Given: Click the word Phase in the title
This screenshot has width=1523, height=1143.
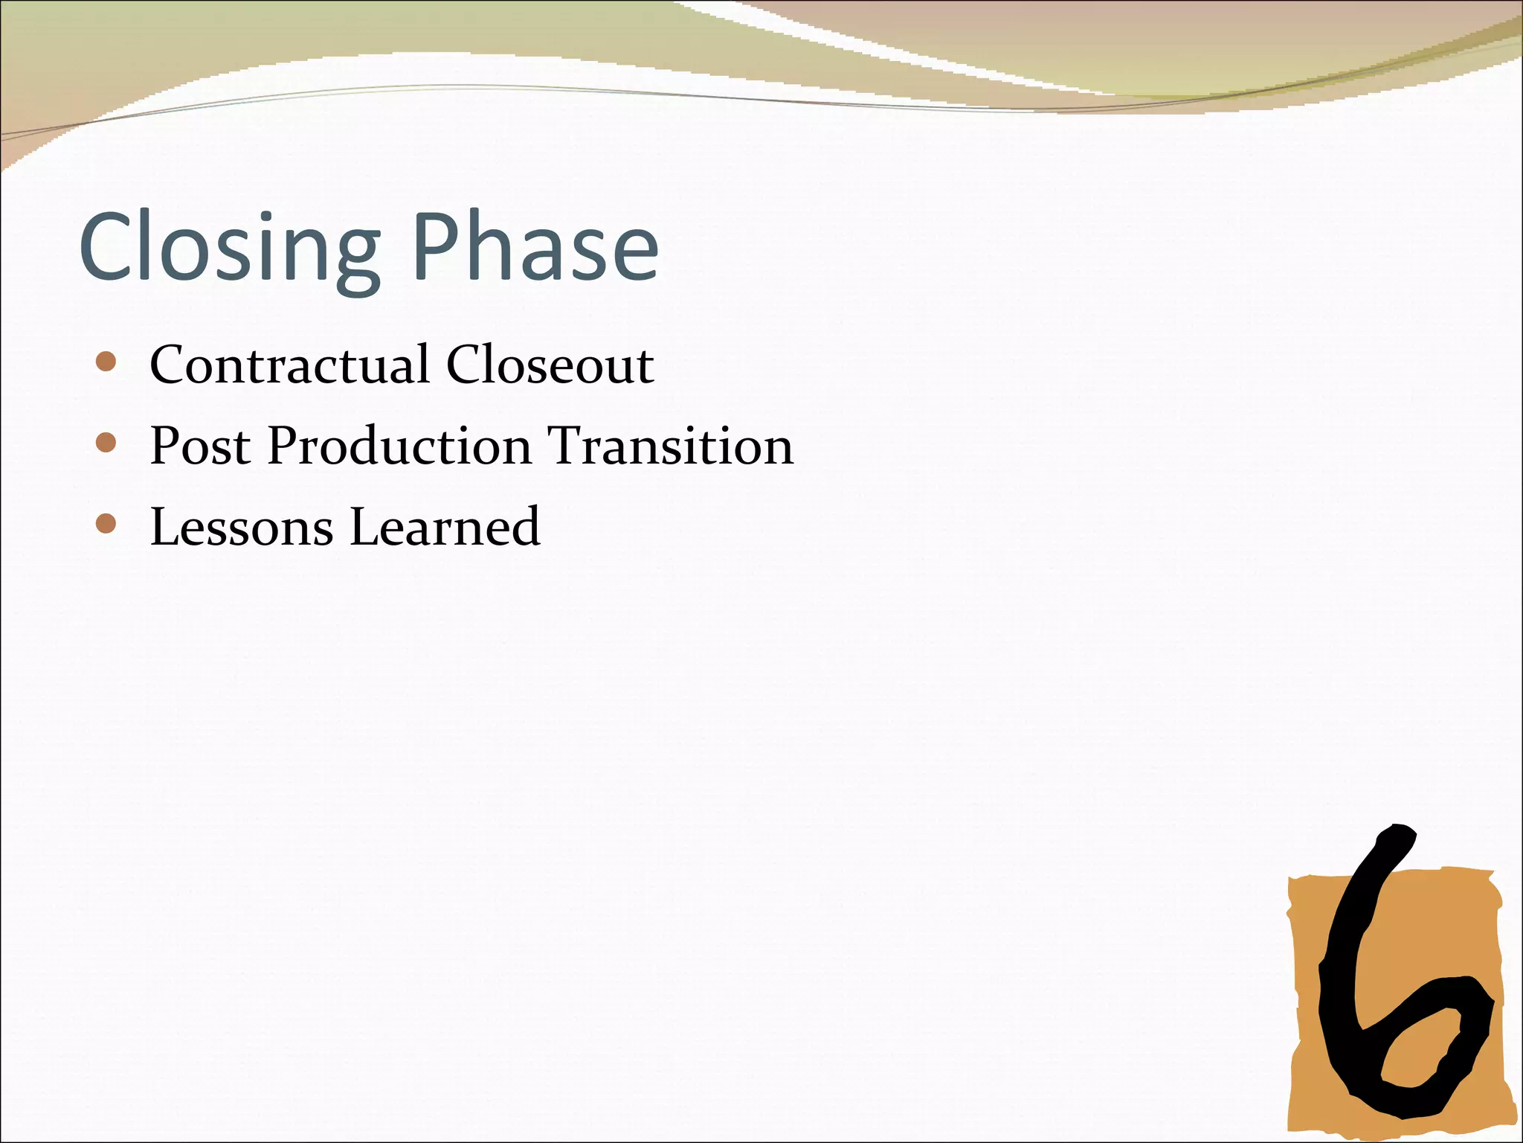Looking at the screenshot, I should tap(535, 247).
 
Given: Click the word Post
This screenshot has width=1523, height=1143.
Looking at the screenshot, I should tap(200, 446).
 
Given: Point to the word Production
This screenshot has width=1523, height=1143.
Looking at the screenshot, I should tap(399, 446).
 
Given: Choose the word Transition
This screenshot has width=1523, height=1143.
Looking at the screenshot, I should tap(670, 446).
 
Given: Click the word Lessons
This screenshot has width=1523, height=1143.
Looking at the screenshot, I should tap(242, 527).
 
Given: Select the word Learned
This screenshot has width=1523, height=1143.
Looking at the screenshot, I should tap(445, 527).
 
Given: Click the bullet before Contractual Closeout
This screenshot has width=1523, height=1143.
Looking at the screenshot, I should tap(106, 362).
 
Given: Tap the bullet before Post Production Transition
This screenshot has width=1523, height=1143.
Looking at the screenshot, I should tap(106, 444).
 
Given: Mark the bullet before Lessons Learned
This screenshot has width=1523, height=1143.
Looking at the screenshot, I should tap(106, 524).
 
